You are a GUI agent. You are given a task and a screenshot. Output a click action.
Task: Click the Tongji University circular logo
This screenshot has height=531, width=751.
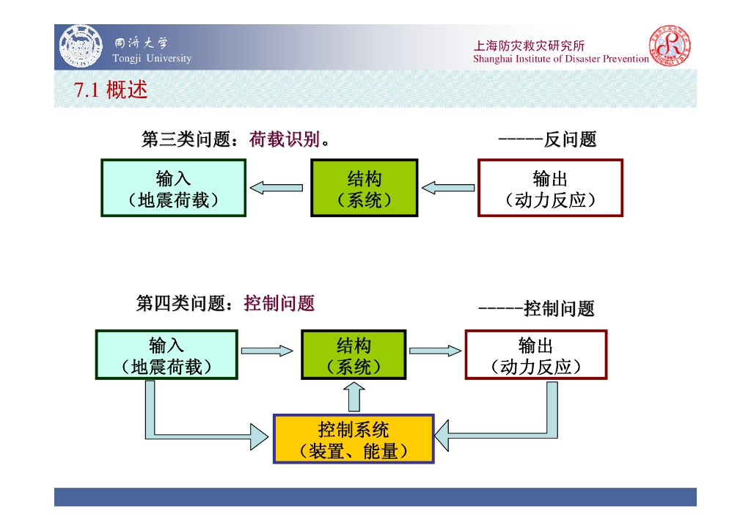pos(81,45)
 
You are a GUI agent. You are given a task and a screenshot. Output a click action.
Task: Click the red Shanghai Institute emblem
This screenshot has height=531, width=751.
pos(669,45)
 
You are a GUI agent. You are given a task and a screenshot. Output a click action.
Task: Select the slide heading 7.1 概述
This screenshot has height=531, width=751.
pos(111,90)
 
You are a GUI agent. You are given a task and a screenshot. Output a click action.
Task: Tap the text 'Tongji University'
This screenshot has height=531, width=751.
pos(152,59)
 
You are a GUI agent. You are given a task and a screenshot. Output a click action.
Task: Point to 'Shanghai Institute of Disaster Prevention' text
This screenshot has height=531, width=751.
pos(561,59)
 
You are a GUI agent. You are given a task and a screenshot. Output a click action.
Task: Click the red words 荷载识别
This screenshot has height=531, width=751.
pos(285,139)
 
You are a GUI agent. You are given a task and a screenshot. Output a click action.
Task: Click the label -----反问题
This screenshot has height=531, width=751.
pos(547,139)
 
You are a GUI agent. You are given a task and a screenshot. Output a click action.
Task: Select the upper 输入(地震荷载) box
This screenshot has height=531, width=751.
pos(173,188)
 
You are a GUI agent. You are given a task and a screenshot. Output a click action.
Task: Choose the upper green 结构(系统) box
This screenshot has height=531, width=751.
pos(364,188)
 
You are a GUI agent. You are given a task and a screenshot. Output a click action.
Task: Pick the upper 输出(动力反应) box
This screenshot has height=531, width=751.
pos(550,188)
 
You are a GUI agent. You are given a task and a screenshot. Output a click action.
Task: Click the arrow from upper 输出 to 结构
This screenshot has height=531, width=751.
pos(448,188)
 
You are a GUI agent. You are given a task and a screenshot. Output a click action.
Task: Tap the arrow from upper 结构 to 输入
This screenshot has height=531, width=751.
pos(276,188)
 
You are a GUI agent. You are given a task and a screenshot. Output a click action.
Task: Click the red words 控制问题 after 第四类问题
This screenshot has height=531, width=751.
pos(279,303)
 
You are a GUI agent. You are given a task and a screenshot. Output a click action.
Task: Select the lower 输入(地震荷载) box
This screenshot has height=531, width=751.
pos(166,355)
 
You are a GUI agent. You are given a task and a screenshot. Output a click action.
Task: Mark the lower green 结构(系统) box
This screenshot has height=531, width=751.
pos(353,355)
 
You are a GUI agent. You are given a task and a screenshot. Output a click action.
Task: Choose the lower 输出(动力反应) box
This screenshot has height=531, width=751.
pos(535,355)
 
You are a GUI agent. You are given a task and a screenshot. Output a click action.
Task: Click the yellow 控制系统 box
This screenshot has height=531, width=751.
pos(353,439)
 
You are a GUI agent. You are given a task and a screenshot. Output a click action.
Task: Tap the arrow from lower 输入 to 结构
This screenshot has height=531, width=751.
pos(268,351)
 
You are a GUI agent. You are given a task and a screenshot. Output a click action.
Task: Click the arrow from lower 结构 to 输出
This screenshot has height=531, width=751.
pos(435,351)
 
